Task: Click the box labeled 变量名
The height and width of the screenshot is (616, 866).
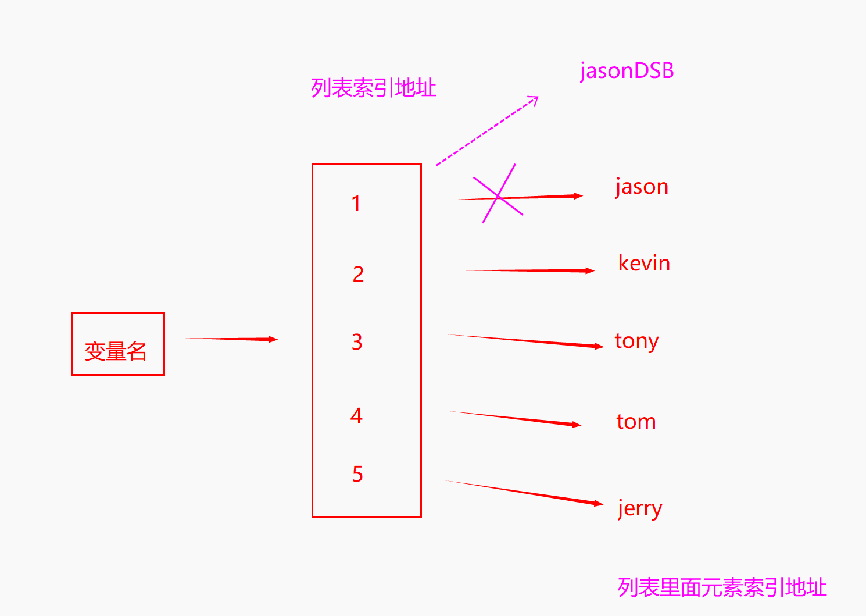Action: (x=117, y=344)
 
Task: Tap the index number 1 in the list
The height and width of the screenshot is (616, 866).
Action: (x=356, y=204)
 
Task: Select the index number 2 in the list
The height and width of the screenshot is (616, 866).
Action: (x=358, y=274)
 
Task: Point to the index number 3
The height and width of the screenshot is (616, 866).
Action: (x=357, y=342)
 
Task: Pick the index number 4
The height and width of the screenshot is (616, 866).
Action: (x=356, y=416)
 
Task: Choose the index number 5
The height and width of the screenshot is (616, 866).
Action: (x=357, y=474)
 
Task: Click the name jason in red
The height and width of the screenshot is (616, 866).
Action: (x=642, y=187)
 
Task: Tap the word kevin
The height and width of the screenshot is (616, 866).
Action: (x=644, y=264)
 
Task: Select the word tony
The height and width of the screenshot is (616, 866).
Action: (x=636, y=341)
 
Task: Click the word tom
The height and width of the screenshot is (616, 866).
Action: (x=636, y=422)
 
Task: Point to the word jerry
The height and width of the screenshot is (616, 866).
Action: (x=639, y=509)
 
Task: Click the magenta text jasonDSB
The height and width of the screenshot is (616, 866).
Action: (x=627, y=71)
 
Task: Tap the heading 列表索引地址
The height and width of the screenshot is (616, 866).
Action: (x=373, y=88)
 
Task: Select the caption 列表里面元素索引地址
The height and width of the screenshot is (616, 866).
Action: (x=722, y=587)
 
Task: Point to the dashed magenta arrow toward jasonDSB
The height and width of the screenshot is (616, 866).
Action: (x=487, y=131)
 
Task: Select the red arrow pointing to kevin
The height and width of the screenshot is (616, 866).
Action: (x=521, y=270)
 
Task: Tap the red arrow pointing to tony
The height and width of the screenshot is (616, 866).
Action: (x=525, y=340)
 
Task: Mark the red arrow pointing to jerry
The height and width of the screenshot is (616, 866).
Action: (x=523, y=492)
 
